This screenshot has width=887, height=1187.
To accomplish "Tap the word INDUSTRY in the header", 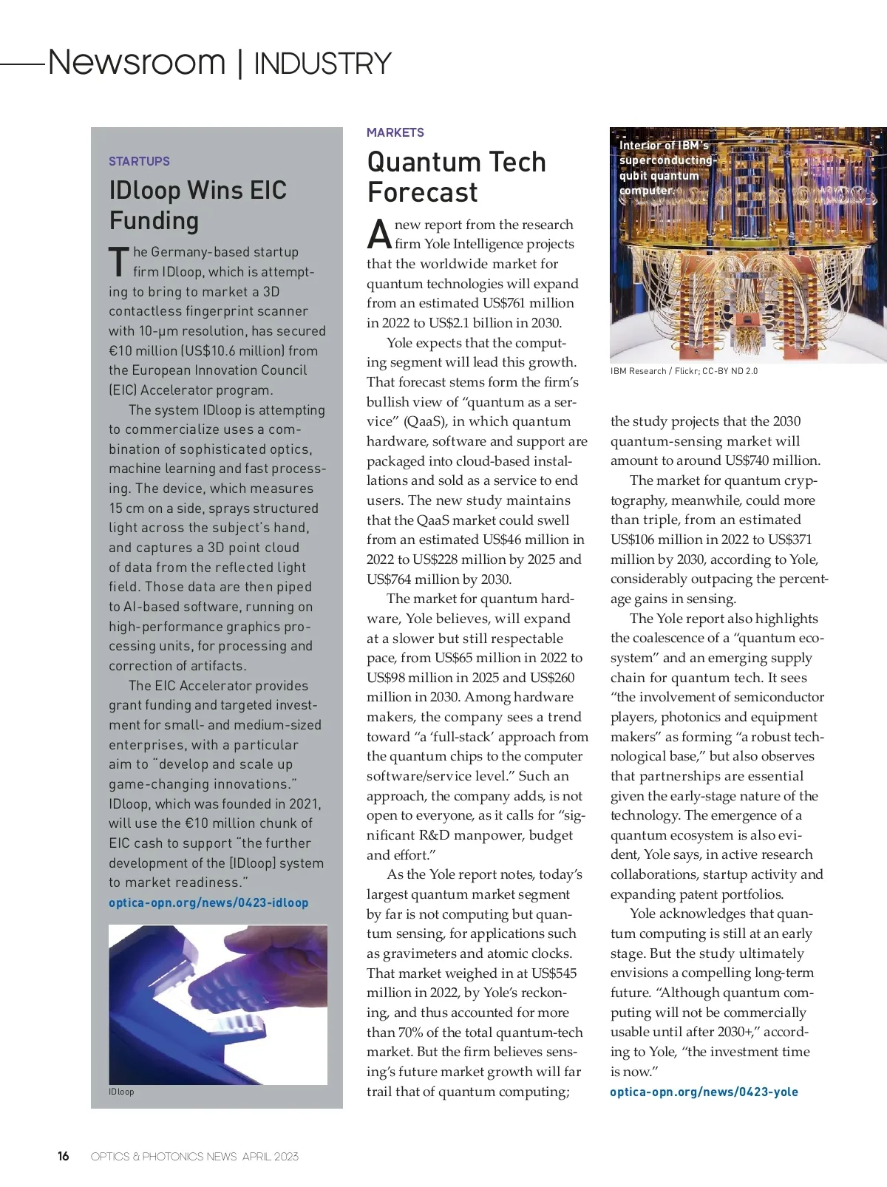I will (322, 64).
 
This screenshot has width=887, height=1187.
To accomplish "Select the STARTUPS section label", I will (139, 161).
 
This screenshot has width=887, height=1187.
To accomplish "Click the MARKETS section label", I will (395, 132).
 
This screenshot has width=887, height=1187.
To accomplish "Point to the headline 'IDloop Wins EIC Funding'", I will (197, 205).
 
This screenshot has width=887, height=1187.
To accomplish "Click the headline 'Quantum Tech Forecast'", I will (456, 177).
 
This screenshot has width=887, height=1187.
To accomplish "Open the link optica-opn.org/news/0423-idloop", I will (208, 902).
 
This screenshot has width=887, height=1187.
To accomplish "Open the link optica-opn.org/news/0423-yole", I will (704, 1092).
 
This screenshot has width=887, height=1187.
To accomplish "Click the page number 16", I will (64, 1156).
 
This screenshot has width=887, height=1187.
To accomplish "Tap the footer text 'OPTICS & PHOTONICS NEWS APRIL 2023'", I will (194, 1157).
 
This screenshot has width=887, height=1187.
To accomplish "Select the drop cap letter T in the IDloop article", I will (118, 262).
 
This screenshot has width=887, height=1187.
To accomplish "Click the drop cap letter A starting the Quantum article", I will (378, 234).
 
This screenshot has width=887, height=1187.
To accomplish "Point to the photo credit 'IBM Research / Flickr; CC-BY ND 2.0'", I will (684, 371).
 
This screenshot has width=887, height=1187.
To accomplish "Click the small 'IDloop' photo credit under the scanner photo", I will (121, 1092).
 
